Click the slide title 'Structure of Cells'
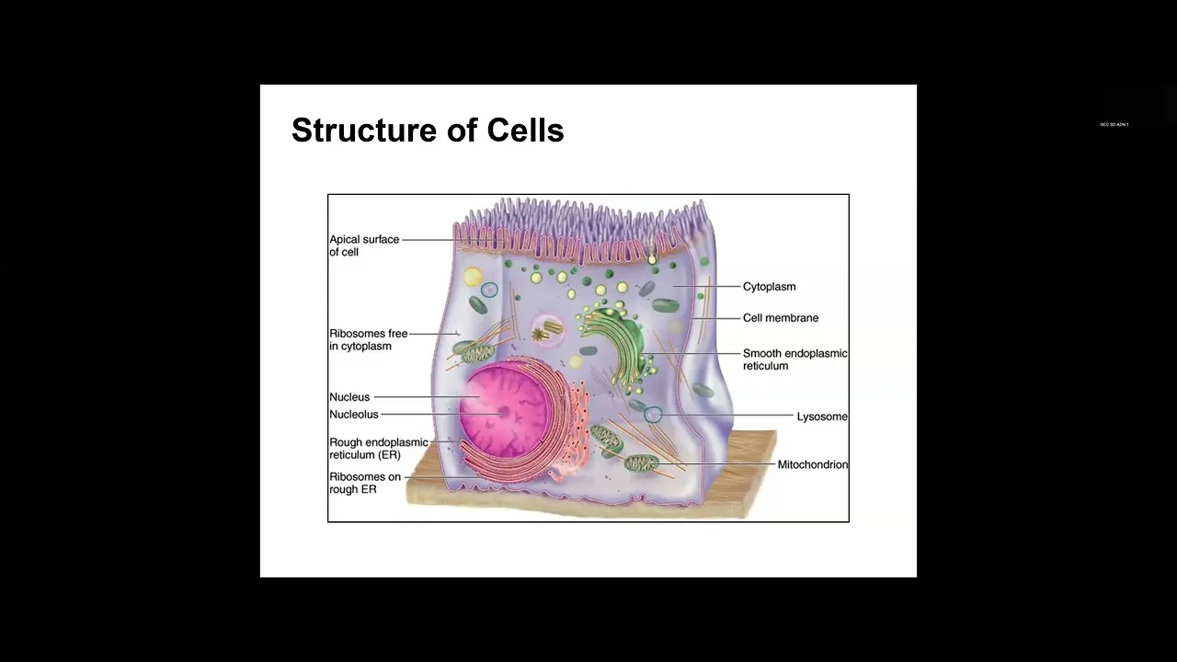click(x=428, y=131)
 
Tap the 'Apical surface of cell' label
click(x=364, y=245)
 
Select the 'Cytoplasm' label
click(x=769, y=287)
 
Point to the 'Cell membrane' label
click(x=780, y=318)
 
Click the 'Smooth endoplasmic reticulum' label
click(x=794, y=360)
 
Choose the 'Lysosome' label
click(x=821, y=417)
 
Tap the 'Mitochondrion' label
click(x=812, y=464)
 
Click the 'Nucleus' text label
click(x=349, y=397)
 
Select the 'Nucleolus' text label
click(x=354, y=415)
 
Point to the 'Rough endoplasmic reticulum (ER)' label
click(x=378, y=449)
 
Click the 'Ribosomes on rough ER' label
click(x=365, y=483)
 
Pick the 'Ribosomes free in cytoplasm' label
click(x=368, y=340)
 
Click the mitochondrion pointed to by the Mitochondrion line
click(x=640, y=462)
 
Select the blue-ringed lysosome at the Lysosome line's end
click(x=653, y=416)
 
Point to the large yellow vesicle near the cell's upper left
click(x=473, y=278)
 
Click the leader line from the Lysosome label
click(x=726, y=417)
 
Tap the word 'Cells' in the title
click(x=525, y=131)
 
